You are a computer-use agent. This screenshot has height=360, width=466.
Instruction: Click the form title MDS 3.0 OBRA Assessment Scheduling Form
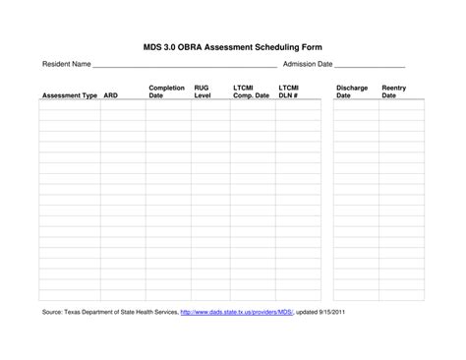click(x=233, y=47)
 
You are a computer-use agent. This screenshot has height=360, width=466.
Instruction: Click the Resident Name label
click(x=66, y=64)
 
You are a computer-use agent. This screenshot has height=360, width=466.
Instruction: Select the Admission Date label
click(x=308, y=64)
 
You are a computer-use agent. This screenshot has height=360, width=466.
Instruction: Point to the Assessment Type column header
click(x=69, y=96)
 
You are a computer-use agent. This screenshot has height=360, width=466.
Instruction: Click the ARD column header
click(x=111, y=96)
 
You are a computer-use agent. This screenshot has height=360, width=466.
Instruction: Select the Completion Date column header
click(x=166, y=92)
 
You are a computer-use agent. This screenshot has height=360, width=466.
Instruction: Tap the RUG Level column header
click(x=203, y=92)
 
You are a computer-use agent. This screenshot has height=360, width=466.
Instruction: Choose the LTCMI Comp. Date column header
click(x=251, y=92)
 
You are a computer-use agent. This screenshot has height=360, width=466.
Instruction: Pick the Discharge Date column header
click(x=351, y=92)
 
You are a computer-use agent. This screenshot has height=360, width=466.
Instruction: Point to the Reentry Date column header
click(x=394, y=92)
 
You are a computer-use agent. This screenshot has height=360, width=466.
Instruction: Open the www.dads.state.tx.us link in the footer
click(x=237, y=313)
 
